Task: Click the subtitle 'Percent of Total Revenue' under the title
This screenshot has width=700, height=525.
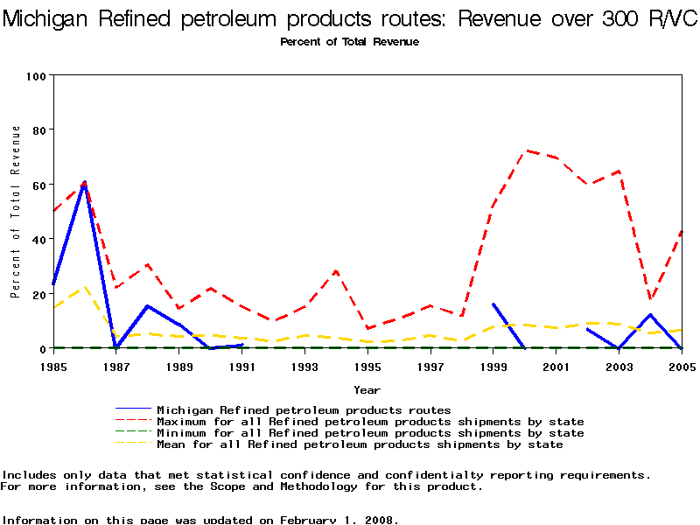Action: point(349,42)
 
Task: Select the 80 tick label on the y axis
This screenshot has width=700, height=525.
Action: point(38,129)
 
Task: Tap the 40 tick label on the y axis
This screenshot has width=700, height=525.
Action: point(38,239)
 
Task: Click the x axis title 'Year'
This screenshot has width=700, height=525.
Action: point(367,389)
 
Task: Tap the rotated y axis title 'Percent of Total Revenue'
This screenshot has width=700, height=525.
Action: point(16,212)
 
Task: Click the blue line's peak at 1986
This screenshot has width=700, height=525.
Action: point(84,184)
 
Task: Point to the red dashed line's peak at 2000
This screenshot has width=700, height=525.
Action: point(525,150)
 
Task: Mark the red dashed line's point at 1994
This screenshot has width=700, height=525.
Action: point(336,271)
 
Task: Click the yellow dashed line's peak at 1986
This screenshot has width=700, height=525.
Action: point(84,287)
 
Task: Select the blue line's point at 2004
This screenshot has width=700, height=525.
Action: point(650,315)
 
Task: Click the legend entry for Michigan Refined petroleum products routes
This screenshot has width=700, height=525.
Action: point(303,409)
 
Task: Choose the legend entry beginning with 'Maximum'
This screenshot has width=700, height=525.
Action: point(369,422)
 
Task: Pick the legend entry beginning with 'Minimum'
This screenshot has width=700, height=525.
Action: point(369,433)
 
